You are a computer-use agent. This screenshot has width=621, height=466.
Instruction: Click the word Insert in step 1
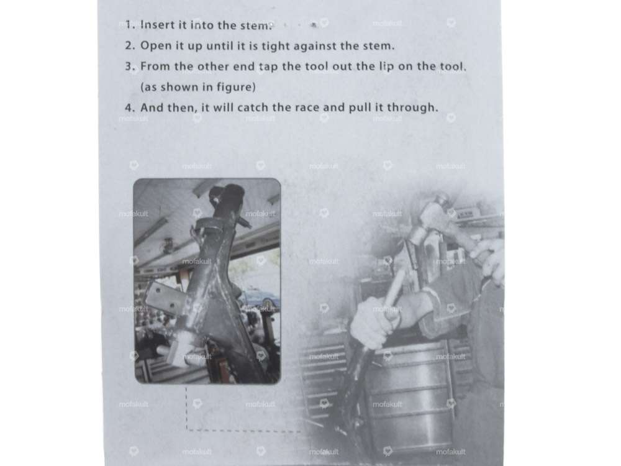click(x=158, y=25)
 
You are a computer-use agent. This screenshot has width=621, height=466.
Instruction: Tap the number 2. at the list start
click(x=130, y=45)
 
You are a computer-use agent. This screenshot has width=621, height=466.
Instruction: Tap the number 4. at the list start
click(x=130, y=107)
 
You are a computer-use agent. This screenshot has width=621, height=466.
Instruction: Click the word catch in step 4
click(x=251, y=107)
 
